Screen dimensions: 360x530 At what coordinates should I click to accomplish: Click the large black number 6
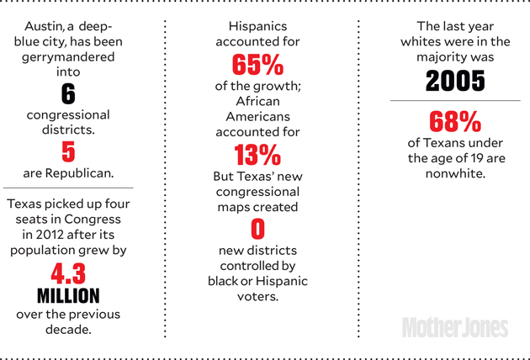68,95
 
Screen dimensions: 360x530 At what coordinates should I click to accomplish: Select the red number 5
68,152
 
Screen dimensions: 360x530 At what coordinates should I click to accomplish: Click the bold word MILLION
68,296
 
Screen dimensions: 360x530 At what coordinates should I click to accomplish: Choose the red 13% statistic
257,155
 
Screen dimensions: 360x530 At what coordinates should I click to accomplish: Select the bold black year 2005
454,81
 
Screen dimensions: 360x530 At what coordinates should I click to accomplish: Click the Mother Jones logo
454,327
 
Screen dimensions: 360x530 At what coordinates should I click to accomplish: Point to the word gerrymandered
68,58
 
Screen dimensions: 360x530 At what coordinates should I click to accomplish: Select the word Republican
79,173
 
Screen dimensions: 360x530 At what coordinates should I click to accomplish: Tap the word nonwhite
454,174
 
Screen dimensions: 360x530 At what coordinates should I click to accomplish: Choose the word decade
68,331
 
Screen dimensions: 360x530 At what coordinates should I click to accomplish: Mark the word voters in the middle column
257,296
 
